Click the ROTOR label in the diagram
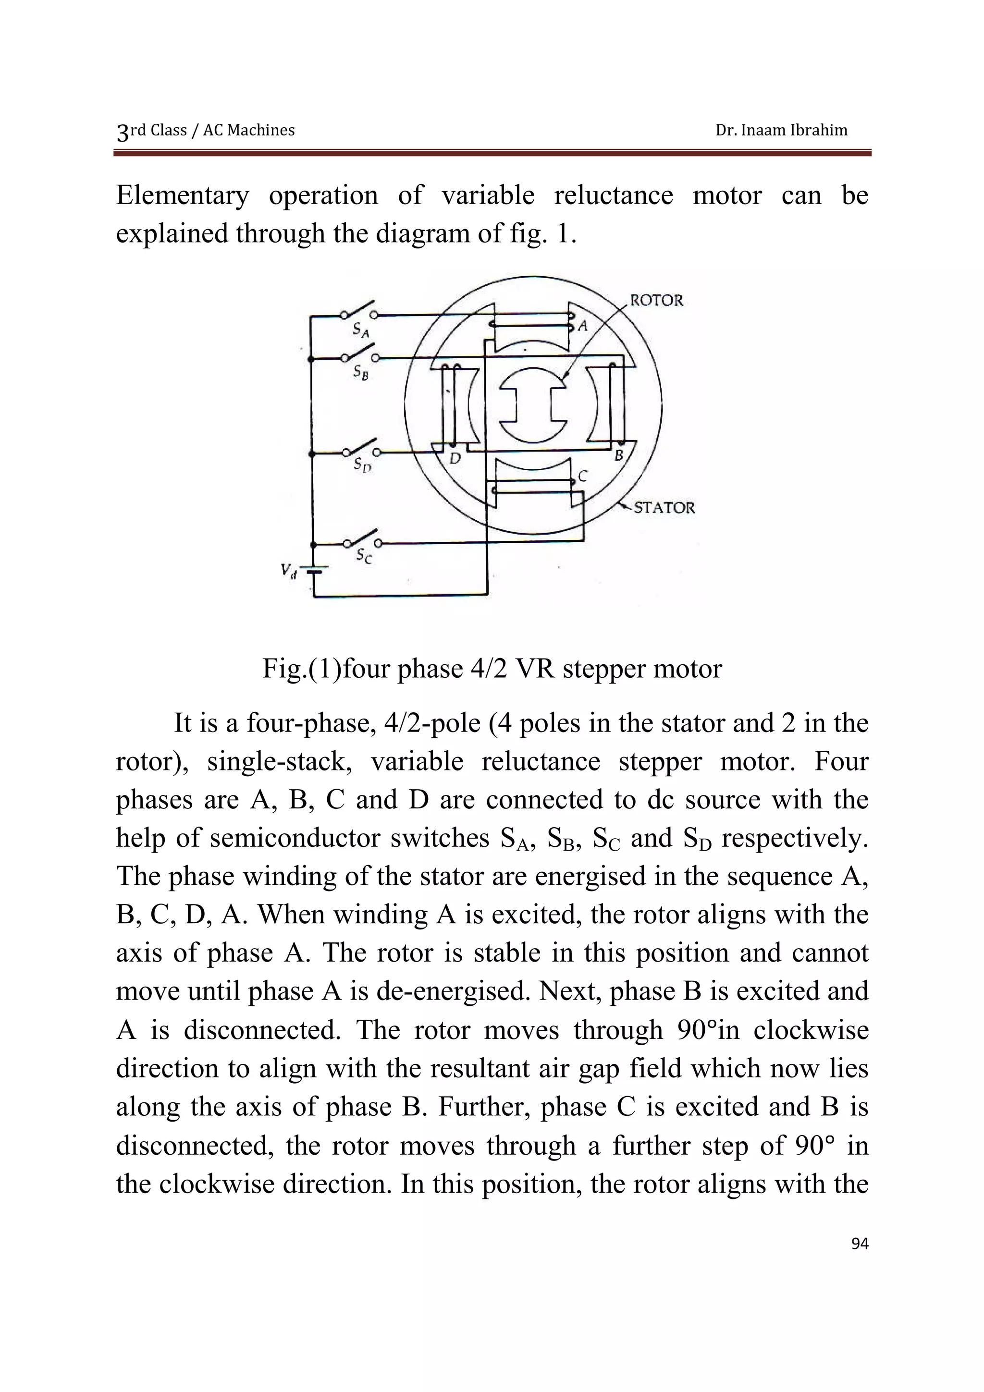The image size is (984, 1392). pos(657,300)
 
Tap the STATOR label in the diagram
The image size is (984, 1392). pos(664,507)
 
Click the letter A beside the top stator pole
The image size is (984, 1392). pos(583,326)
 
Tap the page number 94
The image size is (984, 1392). pos(860,1244)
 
